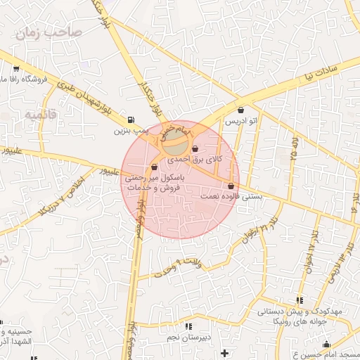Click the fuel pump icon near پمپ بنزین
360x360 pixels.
pyautogui.click(x=131, y=120)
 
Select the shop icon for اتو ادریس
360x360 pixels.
pyautogui.click(x=241, y=110)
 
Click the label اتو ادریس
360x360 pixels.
pyautogui.click(x=241, y=122)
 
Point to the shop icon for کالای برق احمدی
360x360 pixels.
pyautogui.click(x=195, y=148)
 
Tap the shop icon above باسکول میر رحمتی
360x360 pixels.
pyautogui.click(x=154, y=167)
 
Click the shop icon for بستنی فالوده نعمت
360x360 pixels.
pyautogui.click(x=231, y=186)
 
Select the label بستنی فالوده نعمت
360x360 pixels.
pyautogui.click(x=232, y=197)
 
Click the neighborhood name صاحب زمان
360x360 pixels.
pyautogui.click(x=53, y=33)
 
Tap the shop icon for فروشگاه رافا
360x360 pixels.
pyautogui.click(x=15, y=69)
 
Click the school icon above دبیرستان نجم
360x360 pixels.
pyautogui.click(x=188, y=327)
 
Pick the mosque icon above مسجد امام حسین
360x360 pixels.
pyautogui.click(x=326, y=345)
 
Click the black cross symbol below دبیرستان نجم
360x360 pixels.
pyautogui.click(x=224, y=352)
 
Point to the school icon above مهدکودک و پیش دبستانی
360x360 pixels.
pyautogui.click(x=300, y=300)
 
